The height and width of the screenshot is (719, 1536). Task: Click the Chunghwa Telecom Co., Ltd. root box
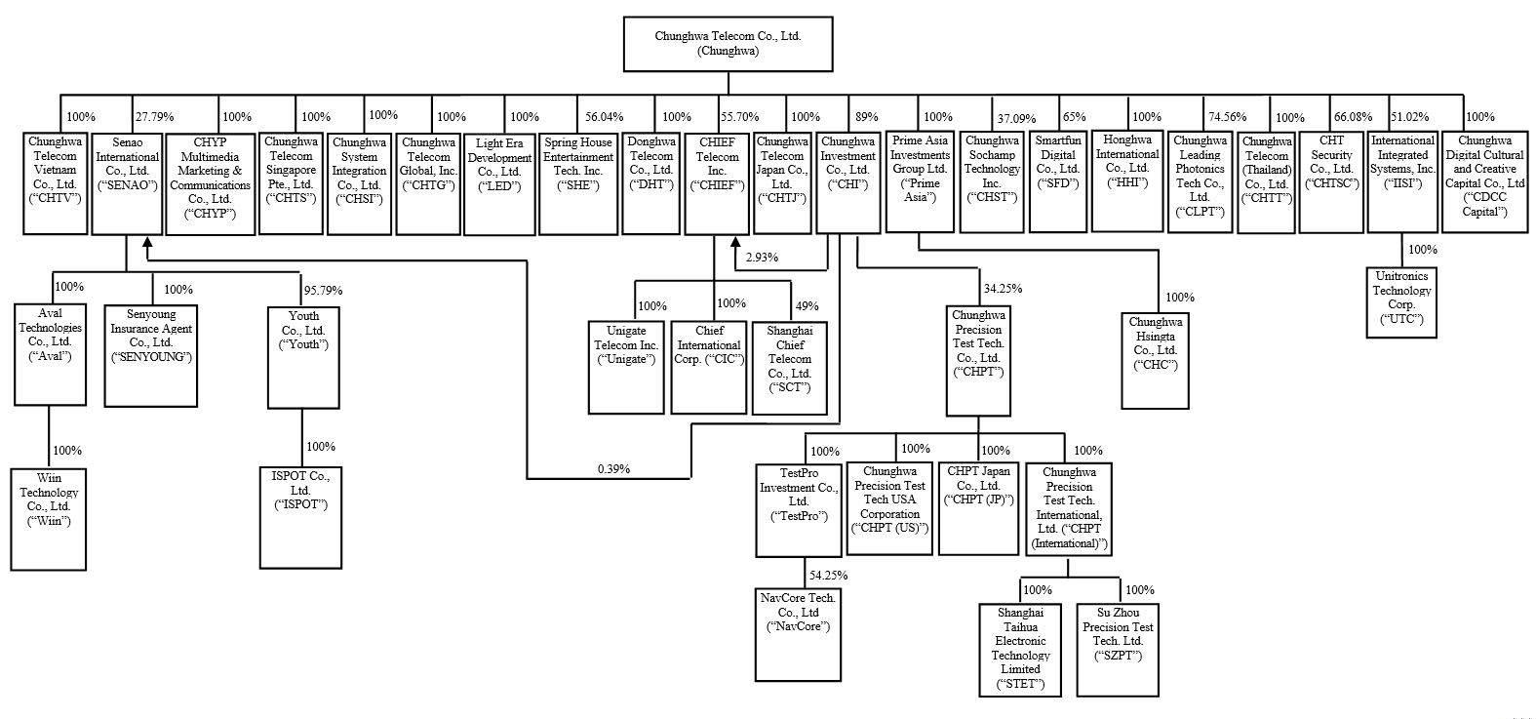[x=729, y=45]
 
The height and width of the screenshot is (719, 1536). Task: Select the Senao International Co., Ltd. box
[x=127, y=183]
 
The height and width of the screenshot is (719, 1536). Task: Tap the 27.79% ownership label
[x=154, y=117]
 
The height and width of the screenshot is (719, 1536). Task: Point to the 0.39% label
[x=613, y=468]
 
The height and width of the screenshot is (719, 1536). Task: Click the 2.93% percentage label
[x=762, y=258]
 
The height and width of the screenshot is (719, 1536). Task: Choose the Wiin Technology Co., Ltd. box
[x=49, y=519]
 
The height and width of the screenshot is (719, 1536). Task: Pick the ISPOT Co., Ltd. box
[x=300, y=518]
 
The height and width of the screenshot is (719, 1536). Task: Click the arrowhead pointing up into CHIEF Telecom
[x=735, y=242]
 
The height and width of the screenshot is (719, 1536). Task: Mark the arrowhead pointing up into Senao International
[x=146, y=242]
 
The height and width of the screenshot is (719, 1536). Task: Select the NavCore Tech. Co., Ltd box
[x=798, y=635]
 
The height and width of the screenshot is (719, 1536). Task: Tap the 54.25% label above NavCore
[x=828, y=575]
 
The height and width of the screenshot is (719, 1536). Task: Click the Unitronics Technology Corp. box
[x=1401, y=302]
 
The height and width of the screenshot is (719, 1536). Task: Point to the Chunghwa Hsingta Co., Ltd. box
[x=1156, y=361]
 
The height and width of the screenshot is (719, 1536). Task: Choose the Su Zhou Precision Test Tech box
[x=1118, y=650]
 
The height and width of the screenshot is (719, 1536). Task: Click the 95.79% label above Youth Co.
[x=323, y=290]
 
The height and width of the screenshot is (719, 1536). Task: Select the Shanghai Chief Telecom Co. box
[x=790, y=369]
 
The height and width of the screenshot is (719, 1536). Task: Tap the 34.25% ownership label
[x=1003, y=289]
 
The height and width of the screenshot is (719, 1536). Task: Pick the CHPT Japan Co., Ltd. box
[x=978, y=508]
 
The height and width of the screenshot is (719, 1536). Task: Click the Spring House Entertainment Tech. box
[x=578, y=183]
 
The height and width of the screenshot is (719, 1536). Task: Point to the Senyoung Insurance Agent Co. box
[x=151, y=356]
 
